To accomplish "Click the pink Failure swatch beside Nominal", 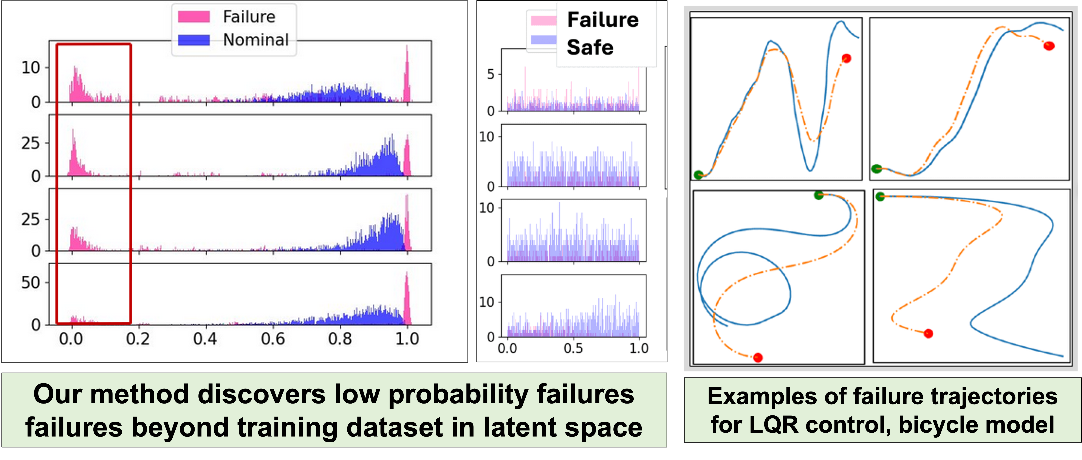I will coord(194,17).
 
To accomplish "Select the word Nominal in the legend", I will coord(256,40).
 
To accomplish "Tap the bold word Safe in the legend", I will coord(590,47).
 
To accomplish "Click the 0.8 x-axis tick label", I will coord(340,339).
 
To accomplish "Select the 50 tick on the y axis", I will coord(30,282).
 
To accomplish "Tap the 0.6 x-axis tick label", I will coord(273,339).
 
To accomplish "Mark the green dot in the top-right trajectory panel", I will coord(876,169).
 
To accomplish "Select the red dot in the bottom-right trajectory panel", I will coord(928,334).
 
